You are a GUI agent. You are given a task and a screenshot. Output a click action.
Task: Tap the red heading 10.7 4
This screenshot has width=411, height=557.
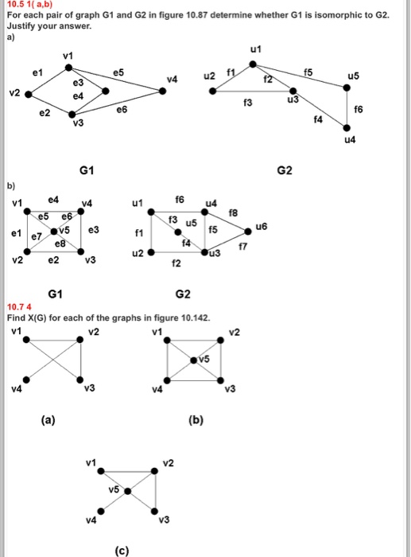point(19,306)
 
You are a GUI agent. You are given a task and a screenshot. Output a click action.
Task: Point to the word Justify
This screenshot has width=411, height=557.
point(21,26)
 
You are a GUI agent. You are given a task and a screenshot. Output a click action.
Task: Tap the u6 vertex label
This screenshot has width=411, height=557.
point(261,227)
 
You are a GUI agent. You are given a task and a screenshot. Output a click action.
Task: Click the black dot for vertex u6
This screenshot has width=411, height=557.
point(248,232)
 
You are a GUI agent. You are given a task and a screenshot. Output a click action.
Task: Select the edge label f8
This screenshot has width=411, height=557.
point(233,212)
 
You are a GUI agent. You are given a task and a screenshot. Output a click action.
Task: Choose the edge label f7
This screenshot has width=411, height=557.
point(242,246)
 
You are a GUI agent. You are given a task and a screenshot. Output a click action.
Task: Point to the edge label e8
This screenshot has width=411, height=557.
point(60,244)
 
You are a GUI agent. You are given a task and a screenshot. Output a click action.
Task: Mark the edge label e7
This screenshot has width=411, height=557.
point(37,236)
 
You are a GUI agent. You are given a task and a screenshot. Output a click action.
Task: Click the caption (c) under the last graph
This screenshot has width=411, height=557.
point(122,551)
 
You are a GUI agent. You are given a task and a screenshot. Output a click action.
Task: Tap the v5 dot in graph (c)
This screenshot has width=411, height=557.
point(127,491)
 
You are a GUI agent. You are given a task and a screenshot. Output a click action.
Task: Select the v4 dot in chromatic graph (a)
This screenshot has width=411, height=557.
point(26,380)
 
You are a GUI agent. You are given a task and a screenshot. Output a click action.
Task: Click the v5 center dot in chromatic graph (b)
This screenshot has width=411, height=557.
point(193,360)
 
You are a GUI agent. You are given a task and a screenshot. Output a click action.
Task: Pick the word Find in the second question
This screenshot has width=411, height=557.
point(17,317)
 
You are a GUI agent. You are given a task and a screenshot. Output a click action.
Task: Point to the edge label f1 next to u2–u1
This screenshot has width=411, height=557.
point(231,73)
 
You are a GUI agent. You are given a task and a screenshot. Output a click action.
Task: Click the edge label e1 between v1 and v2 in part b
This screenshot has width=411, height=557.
point(17,233)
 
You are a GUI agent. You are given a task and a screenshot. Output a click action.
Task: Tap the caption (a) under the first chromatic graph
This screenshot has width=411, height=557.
point(48,420)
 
